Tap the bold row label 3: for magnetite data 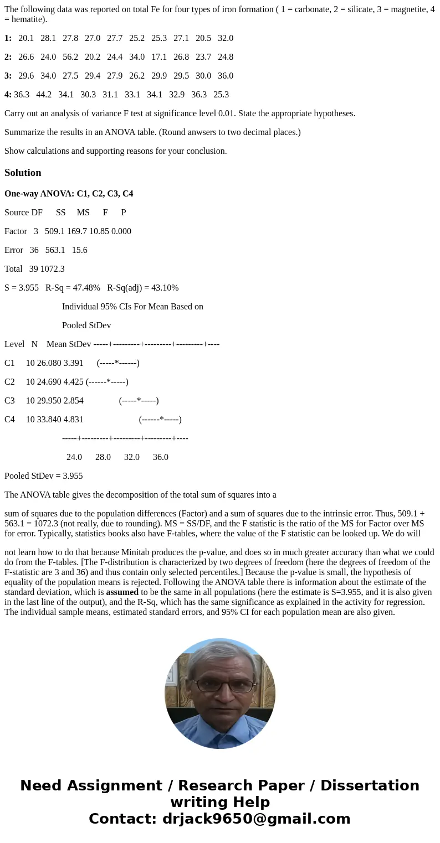tap(8, 76)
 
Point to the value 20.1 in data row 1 tap(26, 38)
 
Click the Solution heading tap(23, 173)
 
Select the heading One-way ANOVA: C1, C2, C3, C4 tap(69, 194)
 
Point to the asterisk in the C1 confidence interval tap(117, 363)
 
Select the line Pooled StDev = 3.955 tap(44, 476)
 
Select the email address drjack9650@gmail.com tap(257, 819)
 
